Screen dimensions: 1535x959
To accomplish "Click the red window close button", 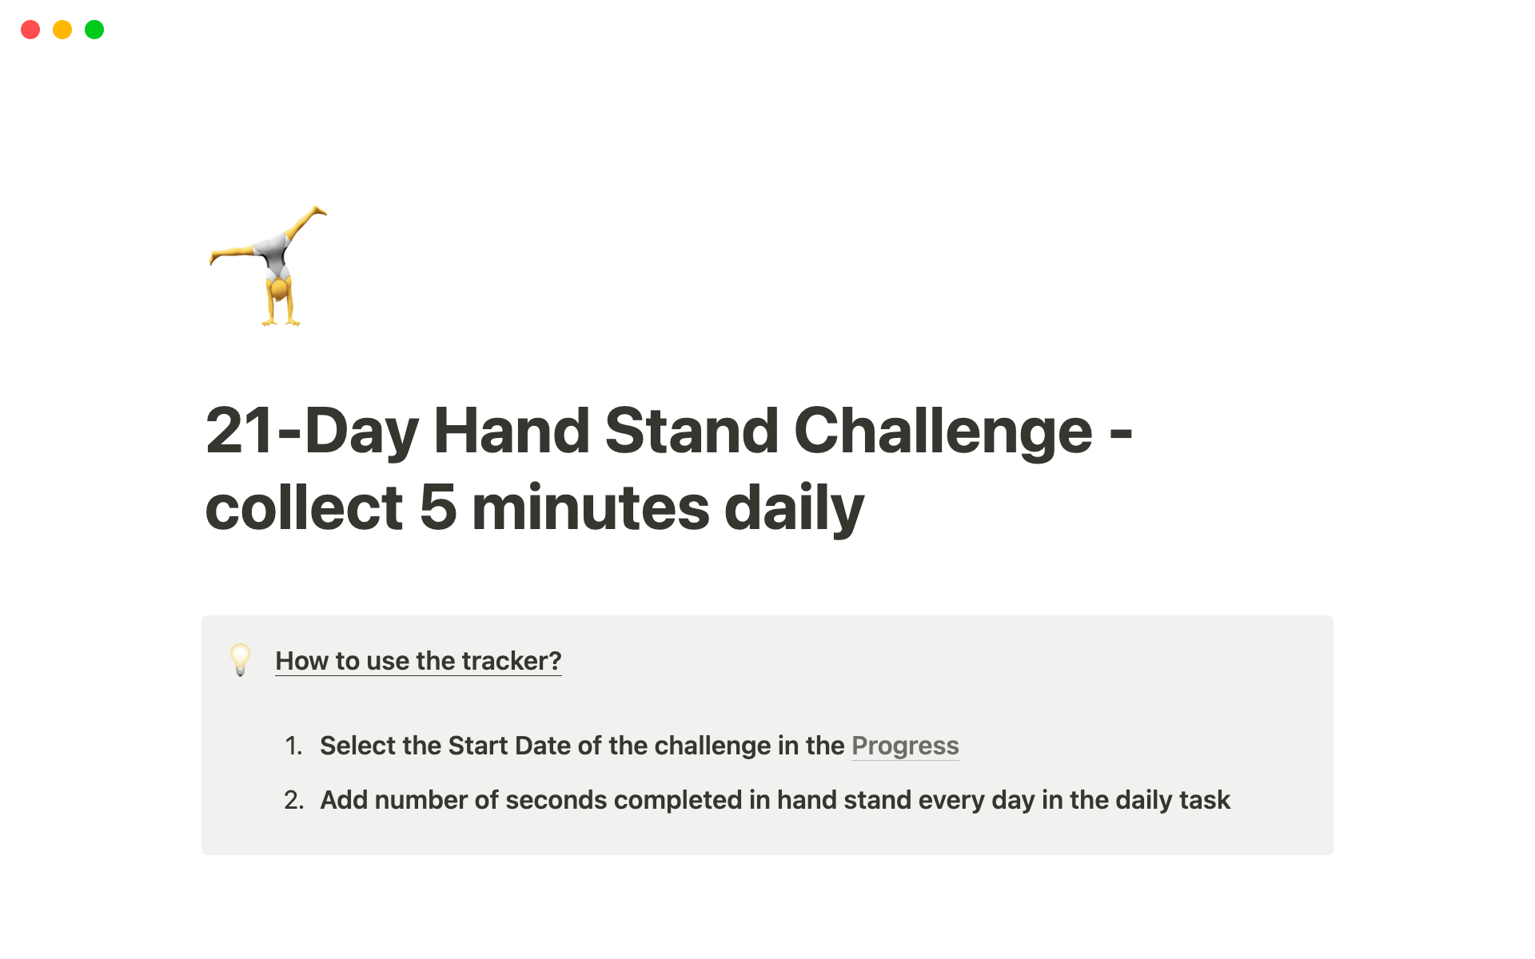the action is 30,30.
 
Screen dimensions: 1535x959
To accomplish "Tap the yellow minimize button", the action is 62,30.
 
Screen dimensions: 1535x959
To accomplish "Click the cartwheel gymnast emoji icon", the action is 268,266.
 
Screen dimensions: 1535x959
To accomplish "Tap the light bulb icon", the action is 240,660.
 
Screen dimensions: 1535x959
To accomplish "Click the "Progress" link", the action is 905,746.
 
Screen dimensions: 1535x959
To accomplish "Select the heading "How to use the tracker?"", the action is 418,661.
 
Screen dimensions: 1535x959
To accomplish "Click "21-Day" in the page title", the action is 312,432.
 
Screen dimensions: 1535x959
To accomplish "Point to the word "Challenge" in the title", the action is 943,432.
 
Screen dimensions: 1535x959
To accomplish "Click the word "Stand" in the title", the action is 692,431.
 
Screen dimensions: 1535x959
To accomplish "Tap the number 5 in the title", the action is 437,507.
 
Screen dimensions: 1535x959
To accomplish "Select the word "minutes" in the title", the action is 591,507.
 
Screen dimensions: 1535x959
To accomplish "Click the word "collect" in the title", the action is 304,507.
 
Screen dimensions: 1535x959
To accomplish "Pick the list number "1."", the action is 293,746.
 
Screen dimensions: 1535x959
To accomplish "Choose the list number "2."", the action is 293,800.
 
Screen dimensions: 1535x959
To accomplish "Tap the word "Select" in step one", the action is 357,746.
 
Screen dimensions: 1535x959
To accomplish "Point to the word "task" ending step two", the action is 1204,800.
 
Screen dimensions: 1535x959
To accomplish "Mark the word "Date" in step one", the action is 542,746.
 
